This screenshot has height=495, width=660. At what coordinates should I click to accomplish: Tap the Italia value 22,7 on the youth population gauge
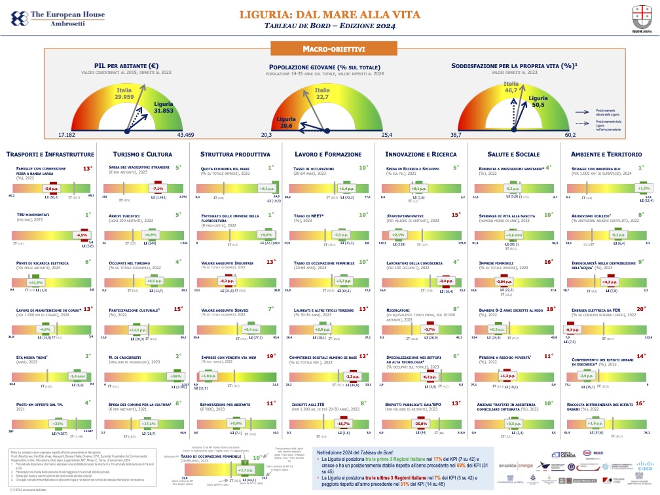pyautogui.click(x=322, y=97)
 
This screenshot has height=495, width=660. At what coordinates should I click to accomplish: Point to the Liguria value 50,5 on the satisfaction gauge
pyautogui.click(x=538, y=104)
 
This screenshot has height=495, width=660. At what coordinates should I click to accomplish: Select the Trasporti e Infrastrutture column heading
pyautogui.click(x=50, y=154)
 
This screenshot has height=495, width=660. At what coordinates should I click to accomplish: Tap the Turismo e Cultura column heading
pyautogui.click(x=142, y=154)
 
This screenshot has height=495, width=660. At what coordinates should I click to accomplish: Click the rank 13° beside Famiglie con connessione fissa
pyautogui.click(x=86, y=168)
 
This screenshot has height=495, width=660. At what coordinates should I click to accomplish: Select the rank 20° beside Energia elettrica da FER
pyautogui.click(x=641, y=308)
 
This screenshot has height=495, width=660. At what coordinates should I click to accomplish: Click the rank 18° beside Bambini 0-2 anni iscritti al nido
pyautogui.click(x=550, y=308)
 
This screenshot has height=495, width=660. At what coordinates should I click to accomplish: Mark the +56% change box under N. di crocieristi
pyautogui.click(x=175, y=376)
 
